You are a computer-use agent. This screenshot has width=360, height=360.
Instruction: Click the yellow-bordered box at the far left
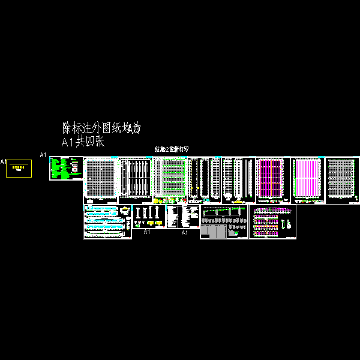click(x=19, y=169)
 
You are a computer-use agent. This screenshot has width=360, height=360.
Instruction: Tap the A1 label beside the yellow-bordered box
click(x=3, y=162)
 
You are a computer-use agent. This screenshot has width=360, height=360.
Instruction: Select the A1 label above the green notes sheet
click(x=43, y=155)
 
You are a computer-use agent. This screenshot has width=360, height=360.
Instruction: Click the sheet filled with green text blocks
click(x=65, y=169)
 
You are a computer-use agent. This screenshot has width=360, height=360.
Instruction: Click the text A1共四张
click(x=83, y=142)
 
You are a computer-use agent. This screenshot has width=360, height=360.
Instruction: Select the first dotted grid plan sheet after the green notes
click(x=100, y=180)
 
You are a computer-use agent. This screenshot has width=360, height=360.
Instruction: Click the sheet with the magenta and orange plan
click(x=273, y=180)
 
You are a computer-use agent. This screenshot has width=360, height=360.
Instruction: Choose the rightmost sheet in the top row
click(x=343, y=180)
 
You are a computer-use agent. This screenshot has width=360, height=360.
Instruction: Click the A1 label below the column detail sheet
click(x=146, y=231)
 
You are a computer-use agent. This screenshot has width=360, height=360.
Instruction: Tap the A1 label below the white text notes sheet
click(x=185, y=232)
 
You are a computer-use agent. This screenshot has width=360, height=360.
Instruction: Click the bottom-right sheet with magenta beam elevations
click(x=272, y=222)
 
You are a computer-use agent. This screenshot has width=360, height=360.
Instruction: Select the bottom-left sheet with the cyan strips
click(x=107, y=222)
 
